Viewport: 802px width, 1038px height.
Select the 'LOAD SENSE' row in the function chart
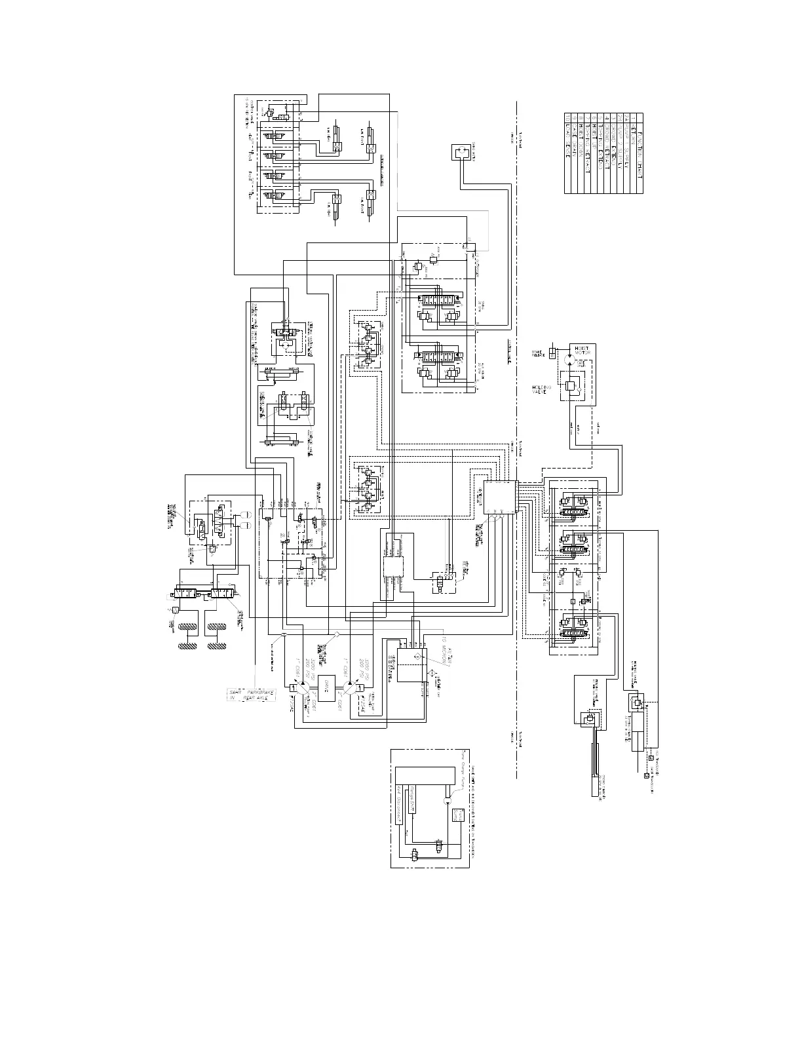click(568, 154)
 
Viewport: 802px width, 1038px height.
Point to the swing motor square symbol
click(463, 154)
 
